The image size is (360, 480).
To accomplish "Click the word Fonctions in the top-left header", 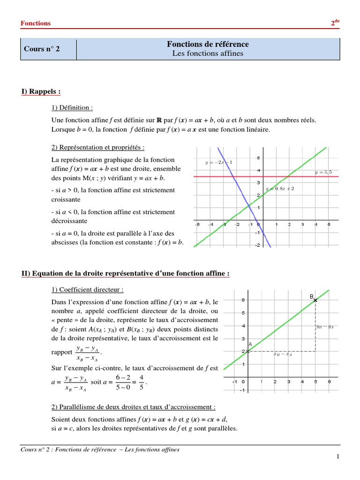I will pyautogui.click(x=36, y=23).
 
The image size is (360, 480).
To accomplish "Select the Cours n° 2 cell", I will pyautogui.click(x=42, y=49).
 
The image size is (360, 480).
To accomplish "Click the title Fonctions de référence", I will pyautogui.click(x=208, y=44).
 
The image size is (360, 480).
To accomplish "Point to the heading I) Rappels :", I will pyautogui.click(x=41, y=91).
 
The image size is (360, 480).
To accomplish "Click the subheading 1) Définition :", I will pyautogui.click(x=73, y=107).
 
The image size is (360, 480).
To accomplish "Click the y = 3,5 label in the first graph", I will pyautogui.click(x=323, y=172).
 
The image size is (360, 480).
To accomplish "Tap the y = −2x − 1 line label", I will pyautogui.click(x=218, y=162).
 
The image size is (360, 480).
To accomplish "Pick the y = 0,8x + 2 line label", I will pyautogui.click(x=280, y=188).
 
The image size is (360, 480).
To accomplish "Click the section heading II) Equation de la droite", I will pyautogui.click(x=126, y=274).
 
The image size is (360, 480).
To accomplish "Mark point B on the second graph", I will pyautogui.click(x=315, y=300).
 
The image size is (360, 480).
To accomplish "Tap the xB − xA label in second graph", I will pyautogui.click(x=283, y=355).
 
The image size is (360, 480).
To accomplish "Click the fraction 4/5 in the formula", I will pyautogui.click(x=142, y=382).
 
